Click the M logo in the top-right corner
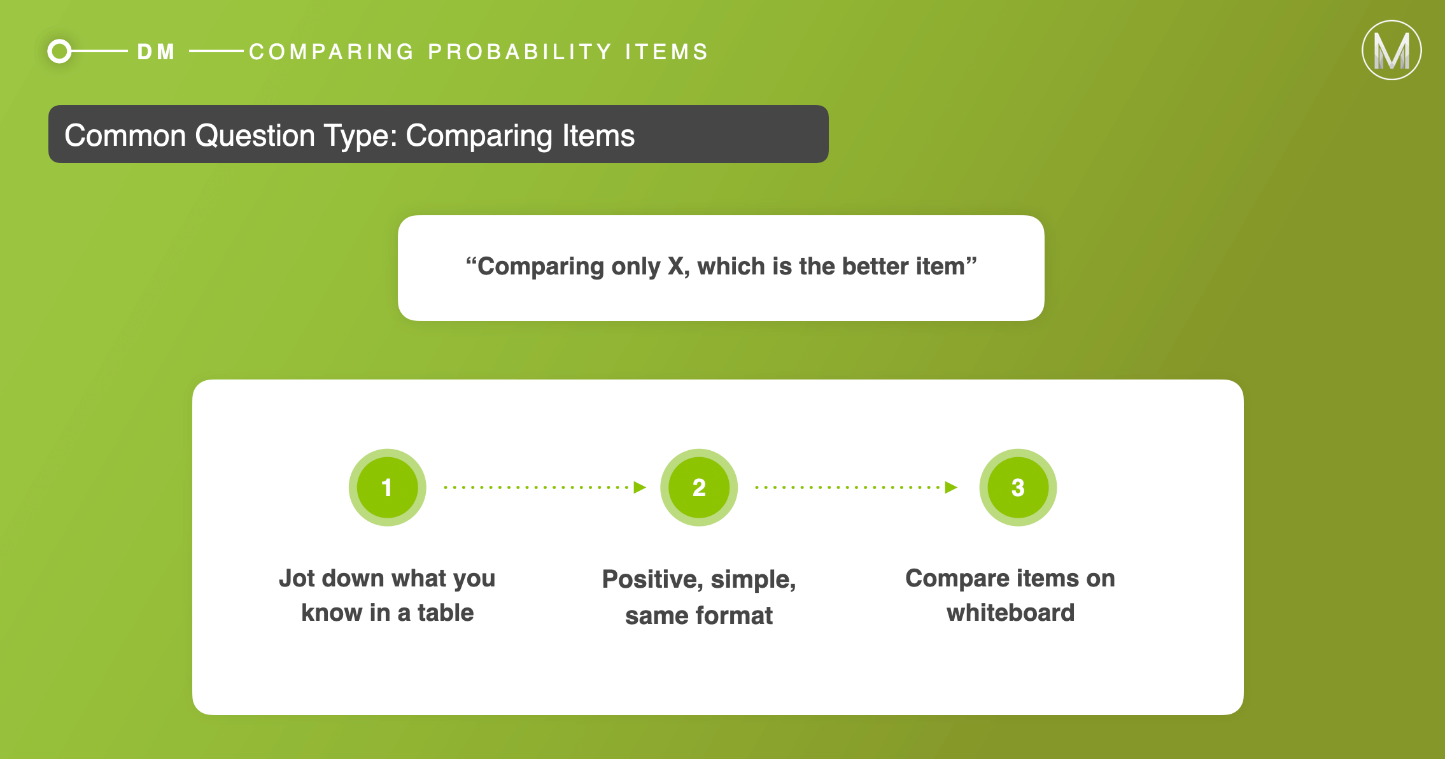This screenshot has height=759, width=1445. point(1392,50)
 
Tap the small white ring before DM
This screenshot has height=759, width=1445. point(60,52)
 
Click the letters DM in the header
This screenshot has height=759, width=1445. point(156,52)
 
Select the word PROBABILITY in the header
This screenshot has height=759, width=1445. point(519,52)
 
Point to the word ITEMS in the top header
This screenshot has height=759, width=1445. point(666,52)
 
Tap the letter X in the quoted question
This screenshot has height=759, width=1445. point(675,266)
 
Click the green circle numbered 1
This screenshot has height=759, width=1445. point(387,488)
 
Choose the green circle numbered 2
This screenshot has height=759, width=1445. point(699,488)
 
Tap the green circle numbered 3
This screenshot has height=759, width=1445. point(1018,488)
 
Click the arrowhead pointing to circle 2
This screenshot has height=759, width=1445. point(640,488)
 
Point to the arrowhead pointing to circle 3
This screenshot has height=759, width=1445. point(951,488)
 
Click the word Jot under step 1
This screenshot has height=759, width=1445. point(297,578)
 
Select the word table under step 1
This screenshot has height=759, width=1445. point(446,613)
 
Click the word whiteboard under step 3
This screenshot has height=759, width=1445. point(1011,613)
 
